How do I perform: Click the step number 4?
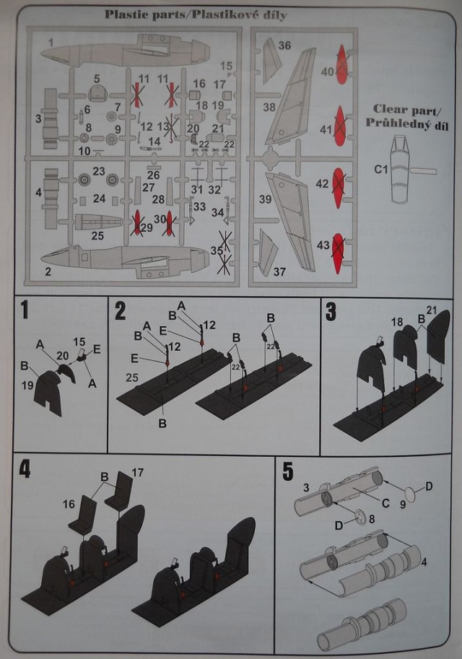(x=25, y=468)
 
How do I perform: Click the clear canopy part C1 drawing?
(x=404, y=173)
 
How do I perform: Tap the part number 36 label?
(x=284, y=45)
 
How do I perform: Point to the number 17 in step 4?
(x=139, y=473)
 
